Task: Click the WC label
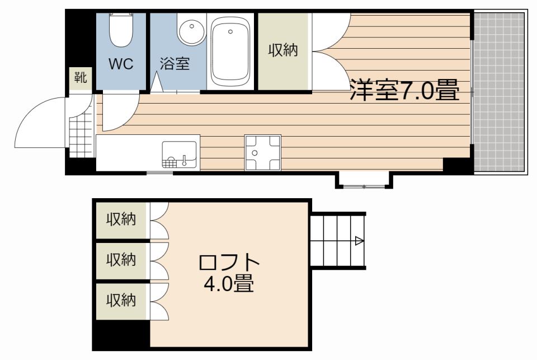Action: pyautogui.click(x=121, y=64)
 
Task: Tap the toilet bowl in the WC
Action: pyautogui.click(x=120, y=31)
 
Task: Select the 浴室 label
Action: pyautogui.click(x=175, y=64)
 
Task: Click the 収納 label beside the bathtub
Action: pyautogui.click(x=282, y=51)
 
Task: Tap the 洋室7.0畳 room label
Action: pyautogui.click(x=404, y=90)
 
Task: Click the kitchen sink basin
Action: pyautogui.click(x=180, y=155)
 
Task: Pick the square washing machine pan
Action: pyautogui.click(x=263, y=152)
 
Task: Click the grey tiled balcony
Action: pyautogui.click(x=499, y=92)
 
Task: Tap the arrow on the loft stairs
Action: pyautogui.click(x=359, y=241)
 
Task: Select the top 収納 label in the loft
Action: pyautogui.click(x=121, y=219)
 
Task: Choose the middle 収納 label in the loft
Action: pyautogui.click(x=121, y=260)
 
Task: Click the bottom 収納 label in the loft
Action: pyautogui.click(x=121, y=300)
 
